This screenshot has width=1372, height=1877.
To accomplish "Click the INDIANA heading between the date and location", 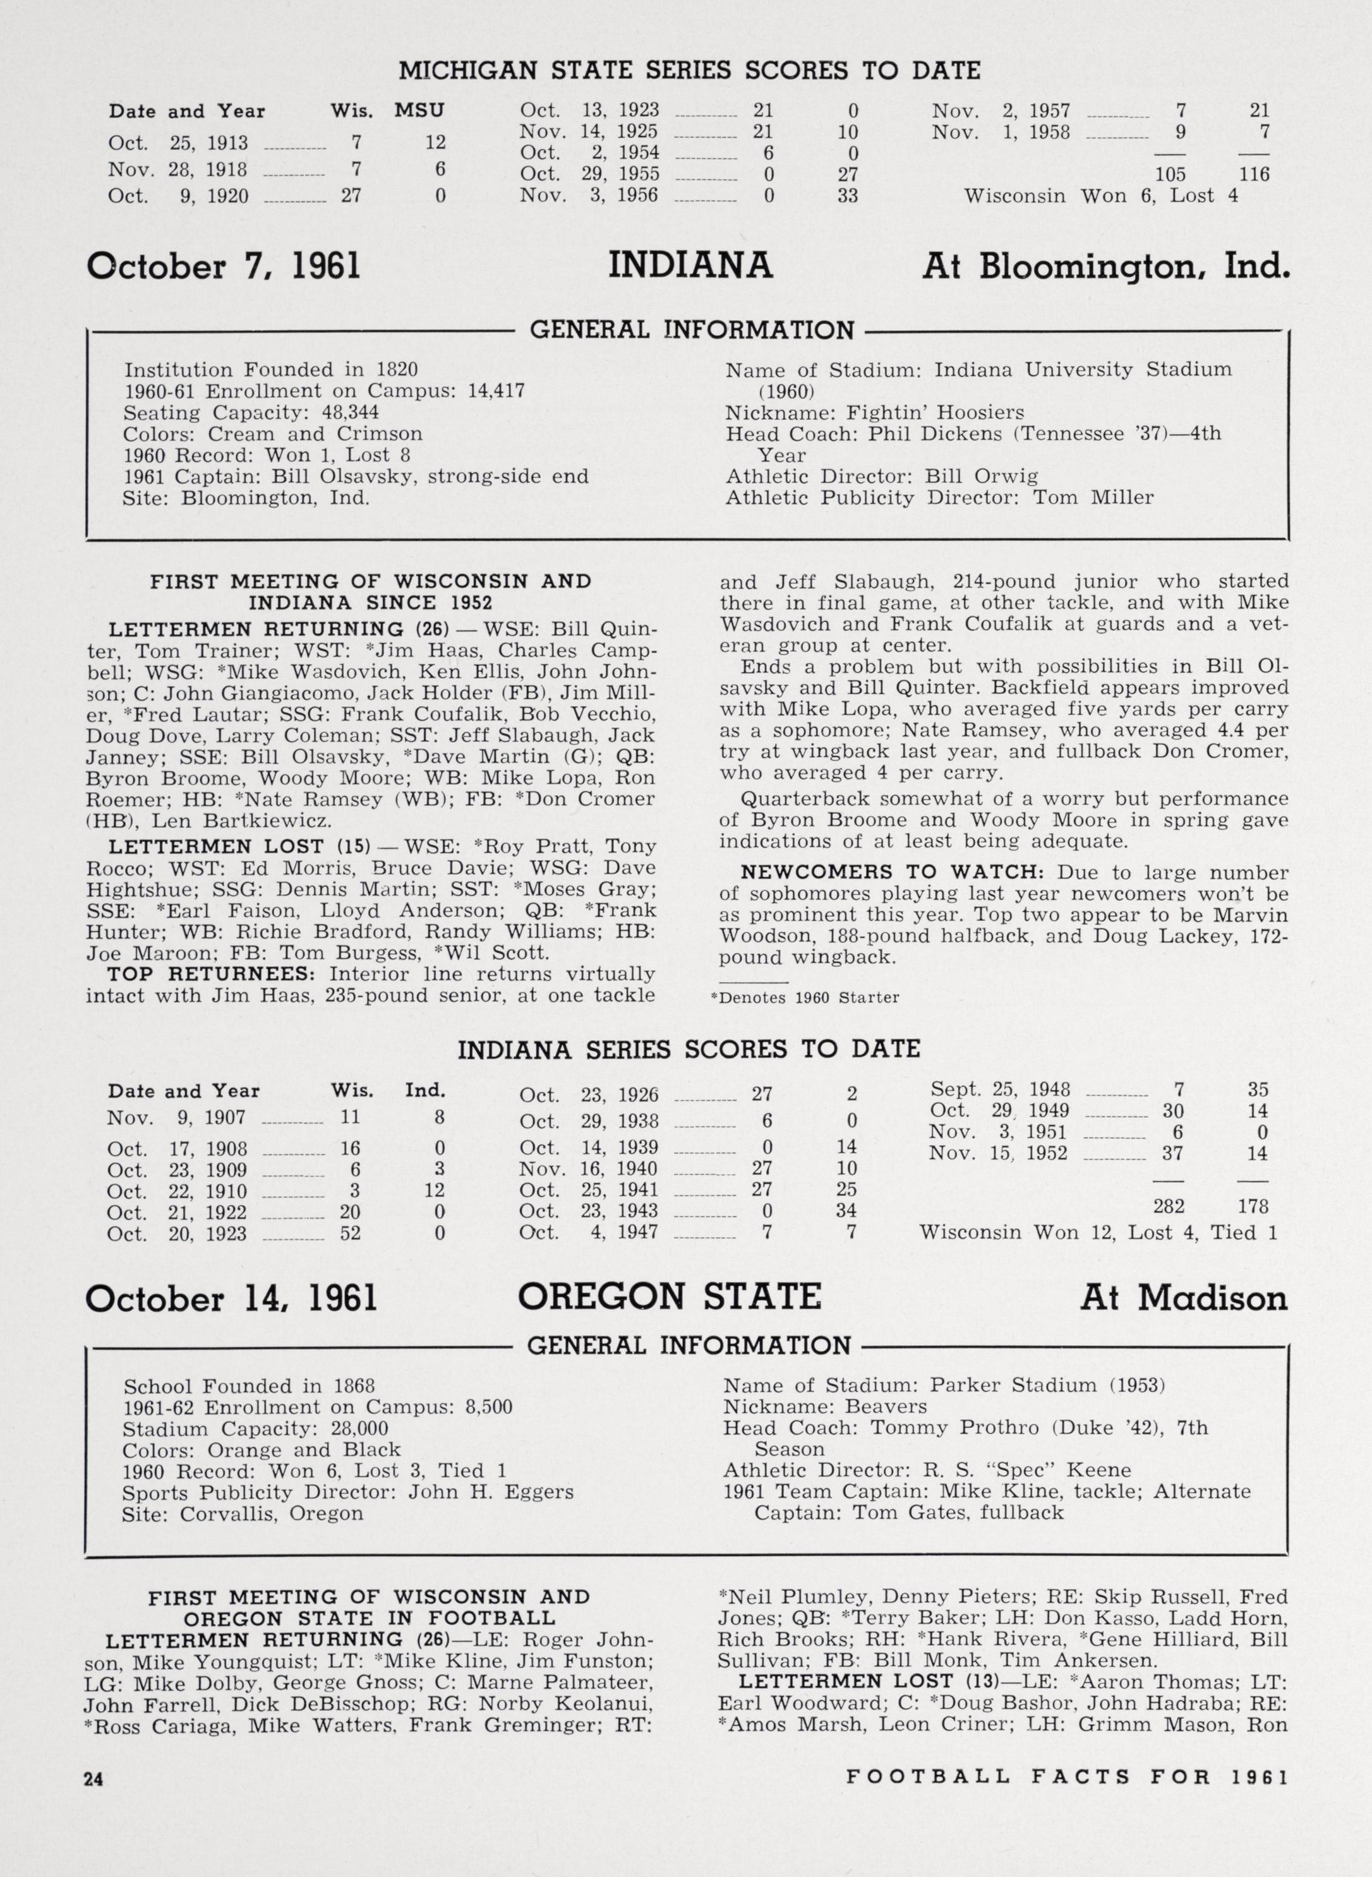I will [x=690, y=267].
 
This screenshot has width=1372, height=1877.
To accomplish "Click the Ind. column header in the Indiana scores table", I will [x=424, y=1090].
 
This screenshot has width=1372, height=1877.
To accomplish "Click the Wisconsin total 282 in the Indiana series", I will [x=1168, y=1206].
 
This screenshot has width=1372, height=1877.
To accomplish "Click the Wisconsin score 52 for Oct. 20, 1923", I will [x=350, y=1233].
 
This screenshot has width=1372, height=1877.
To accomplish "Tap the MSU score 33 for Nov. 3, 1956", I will [x=847, y=196].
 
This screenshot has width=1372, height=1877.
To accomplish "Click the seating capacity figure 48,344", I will [x=350, y=412].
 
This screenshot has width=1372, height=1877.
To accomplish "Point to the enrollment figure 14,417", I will [x=496, y=391].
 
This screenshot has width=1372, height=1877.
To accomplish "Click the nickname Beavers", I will [x=886, y=1406].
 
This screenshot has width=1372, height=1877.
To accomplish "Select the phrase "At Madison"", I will [x=1184, y=1298].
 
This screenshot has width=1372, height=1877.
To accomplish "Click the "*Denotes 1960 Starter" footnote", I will [x=805, y=998].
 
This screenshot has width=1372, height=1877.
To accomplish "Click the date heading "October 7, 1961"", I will [x=224, y=267].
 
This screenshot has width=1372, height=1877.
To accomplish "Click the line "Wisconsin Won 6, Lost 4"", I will [x=1100, y=196].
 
